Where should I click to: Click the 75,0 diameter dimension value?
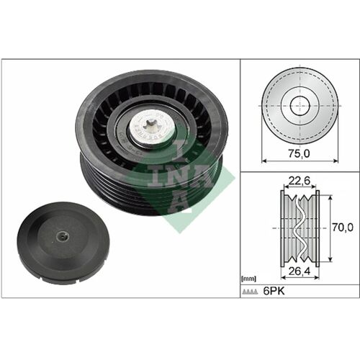coord(300,153)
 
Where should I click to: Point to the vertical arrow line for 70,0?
coord(330,228)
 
